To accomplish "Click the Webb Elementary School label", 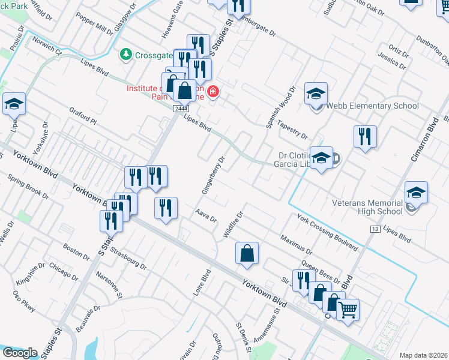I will (x=372, y=106).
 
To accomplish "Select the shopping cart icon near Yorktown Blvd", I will (x=346, y=310).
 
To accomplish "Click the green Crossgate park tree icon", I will (x=126, y=55).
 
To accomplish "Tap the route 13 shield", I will (x=376, y=229).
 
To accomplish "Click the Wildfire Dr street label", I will (x=233, y=224).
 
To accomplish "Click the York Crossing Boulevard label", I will (x=327, y=231).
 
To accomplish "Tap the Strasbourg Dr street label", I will (x=128, y=259).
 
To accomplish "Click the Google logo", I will (x=20, y=353).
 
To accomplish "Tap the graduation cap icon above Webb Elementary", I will (x=316, y=94).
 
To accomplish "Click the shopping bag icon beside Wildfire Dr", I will (x=247, y=254).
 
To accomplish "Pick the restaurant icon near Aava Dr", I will (x=166, y=209).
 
